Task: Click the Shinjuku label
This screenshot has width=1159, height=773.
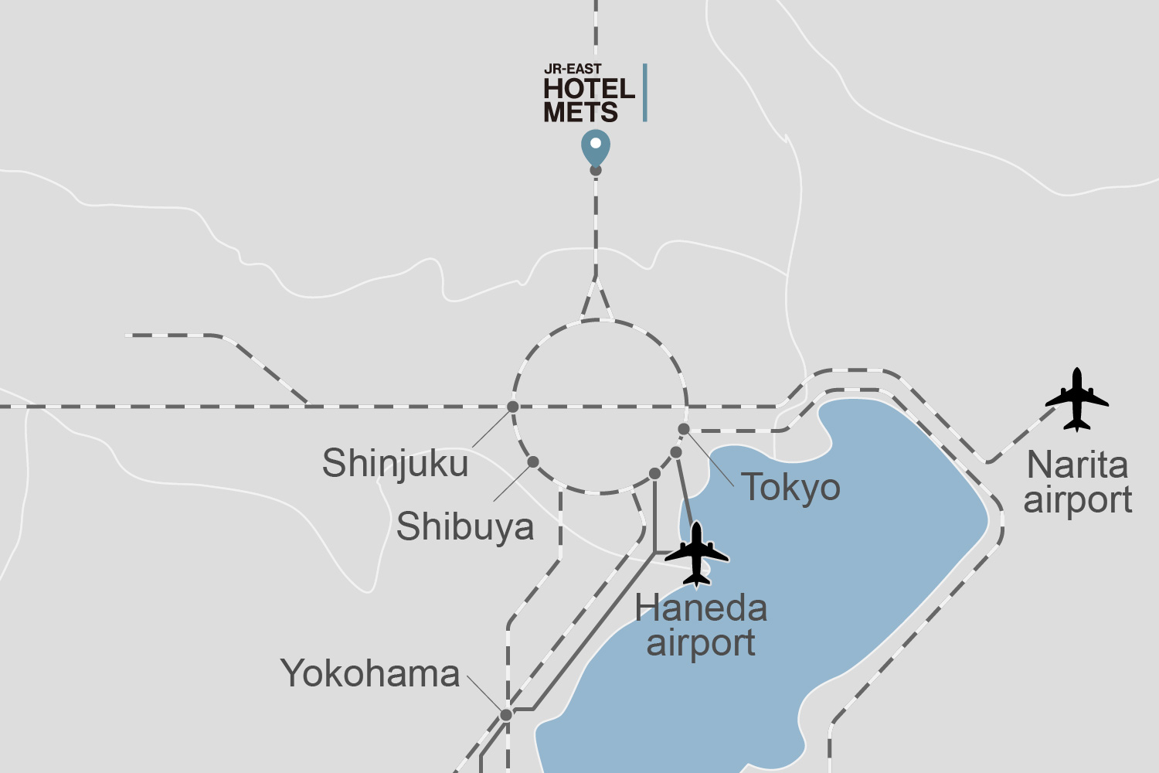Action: pos(395,464)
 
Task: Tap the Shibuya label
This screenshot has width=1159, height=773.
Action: pos(465,527)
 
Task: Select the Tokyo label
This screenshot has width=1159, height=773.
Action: pos(791,488)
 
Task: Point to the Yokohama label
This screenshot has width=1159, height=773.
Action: pos(370,673)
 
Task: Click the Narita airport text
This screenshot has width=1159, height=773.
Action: pos(1078,482)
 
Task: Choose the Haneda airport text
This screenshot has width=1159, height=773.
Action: pos(701,625)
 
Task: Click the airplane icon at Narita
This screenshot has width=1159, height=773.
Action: pos(1076,400)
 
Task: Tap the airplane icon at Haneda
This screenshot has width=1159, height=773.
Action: pos(697,554)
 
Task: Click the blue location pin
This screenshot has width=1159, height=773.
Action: pos(596,146)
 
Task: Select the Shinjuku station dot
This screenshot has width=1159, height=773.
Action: pos(512,407)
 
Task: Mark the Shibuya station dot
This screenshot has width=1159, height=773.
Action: pos(533,462)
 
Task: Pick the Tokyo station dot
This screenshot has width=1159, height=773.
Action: pos(684,429)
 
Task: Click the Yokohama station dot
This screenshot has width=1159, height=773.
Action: pos(506,715)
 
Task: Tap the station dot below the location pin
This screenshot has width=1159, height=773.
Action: pos(596,171)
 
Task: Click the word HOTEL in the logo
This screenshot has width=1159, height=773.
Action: pos(589,89)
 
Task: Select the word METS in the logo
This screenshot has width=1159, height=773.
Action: pos(580,113)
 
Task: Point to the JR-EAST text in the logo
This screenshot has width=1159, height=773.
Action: pos(573,70)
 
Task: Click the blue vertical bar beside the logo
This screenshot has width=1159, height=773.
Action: pos(644,93)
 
